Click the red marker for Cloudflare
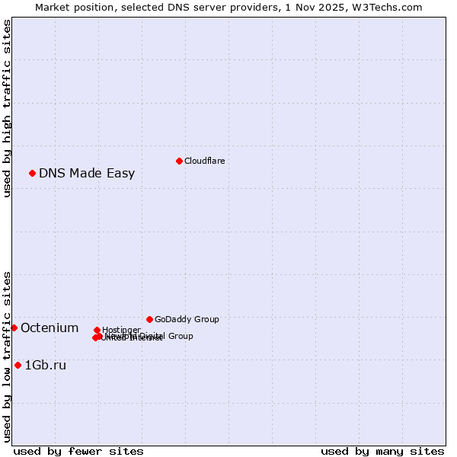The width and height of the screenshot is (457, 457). pos(179,161)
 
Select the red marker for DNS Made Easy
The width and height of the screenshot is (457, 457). pos(32,173)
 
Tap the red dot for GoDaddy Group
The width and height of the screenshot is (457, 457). pos(149,319)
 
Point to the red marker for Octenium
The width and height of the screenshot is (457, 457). pos(14,328)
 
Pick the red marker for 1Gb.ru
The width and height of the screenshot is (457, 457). pos(18,365)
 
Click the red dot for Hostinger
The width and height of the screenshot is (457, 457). pos(97,330)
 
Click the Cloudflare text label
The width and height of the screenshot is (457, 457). pos(204,161)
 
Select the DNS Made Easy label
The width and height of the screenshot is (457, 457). pos(87,173)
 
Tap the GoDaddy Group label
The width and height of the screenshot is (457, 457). pos(186,319)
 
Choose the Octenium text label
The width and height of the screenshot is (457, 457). pos(50,328)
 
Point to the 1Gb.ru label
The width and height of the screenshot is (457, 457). pos(46,365)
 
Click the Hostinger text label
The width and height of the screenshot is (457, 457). pos(121,330)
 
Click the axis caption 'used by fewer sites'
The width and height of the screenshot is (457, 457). pos(78,451)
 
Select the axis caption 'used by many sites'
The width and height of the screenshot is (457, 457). pos(382,451)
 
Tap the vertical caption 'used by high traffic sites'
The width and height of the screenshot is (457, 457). pos(8,108)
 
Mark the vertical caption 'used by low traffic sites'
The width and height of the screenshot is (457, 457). pos(8,356)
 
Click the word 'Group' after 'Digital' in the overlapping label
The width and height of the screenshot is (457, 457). pos(181,336)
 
